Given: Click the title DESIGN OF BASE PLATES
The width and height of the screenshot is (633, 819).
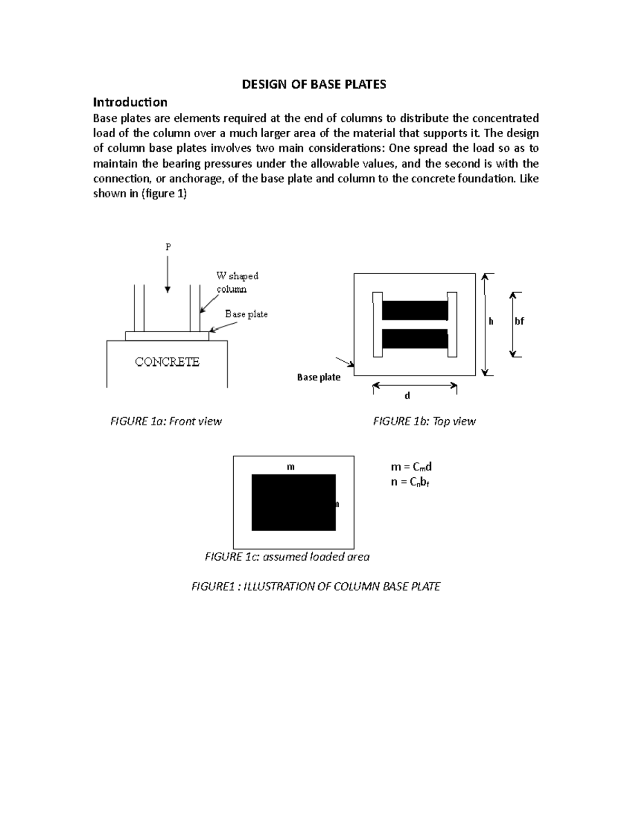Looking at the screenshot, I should (314, 84).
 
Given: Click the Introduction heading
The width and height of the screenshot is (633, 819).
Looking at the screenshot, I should (130, 102).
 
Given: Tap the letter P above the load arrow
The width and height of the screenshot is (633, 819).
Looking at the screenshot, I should (168, 247).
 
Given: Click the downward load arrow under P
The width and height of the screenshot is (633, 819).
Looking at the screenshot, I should (168, 274).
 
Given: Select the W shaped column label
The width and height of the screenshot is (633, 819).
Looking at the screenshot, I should (237, 282).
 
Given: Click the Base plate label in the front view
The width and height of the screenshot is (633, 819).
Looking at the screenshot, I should (246, 314).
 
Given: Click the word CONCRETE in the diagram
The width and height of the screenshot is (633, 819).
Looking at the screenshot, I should (167, 362).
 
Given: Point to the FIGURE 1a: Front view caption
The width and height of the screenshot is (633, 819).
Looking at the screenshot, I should (166, 421).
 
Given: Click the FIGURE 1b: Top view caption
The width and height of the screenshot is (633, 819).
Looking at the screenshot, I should (424, 421).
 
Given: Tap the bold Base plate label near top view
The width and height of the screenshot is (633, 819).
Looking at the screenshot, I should (319, 377).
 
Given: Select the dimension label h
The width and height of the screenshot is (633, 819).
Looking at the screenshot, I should (491, 321).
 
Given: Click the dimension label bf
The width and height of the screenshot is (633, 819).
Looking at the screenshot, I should (519, 321).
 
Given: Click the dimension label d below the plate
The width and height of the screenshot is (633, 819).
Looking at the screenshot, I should (407, 396).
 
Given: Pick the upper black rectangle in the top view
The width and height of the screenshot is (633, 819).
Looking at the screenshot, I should (415, 311).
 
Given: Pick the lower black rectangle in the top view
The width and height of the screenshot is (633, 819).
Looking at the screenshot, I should (415, 339).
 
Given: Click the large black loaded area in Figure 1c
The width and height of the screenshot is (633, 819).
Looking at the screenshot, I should (293, 502).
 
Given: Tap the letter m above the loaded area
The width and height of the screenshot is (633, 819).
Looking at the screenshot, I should (290, 467).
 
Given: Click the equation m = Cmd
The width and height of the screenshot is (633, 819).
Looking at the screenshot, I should (411, 467).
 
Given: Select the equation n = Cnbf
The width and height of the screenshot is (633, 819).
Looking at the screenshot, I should (410, 481).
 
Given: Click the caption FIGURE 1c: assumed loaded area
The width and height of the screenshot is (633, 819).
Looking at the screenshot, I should (287, 556).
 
